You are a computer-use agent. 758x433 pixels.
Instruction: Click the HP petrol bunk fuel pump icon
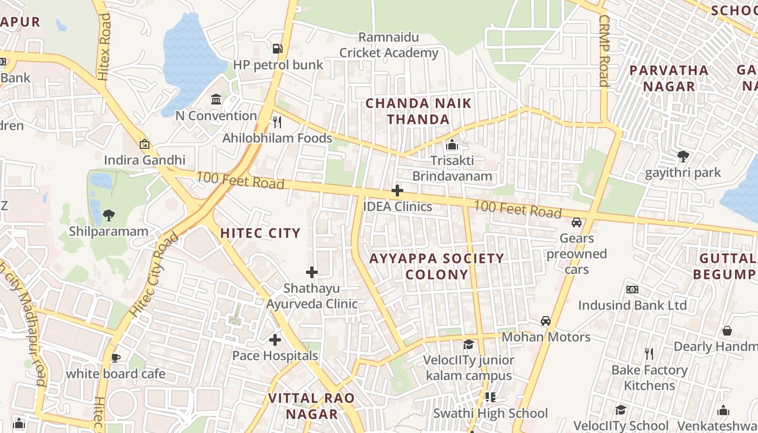277,49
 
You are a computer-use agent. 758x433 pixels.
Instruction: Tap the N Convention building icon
216,99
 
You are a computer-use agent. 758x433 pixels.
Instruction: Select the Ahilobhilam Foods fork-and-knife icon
277,122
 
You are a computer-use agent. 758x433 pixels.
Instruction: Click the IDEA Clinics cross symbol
397,191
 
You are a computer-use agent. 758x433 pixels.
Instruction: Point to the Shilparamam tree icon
108,215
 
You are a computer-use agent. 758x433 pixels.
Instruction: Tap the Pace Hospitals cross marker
275,340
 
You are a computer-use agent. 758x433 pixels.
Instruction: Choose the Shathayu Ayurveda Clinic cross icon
312,272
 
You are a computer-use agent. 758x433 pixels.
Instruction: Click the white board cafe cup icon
115,357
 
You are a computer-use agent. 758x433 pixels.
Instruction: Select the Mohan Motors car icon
546,321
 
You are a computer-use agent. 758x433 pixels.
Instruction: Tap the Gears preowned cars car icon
577,222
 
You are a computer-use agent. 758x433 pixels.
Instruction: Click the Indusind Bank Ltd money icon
632,290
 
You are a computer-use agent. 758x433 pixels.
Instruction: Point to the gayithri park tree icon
683,156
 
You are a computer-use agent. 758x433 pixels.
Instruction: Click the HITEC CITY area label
260,233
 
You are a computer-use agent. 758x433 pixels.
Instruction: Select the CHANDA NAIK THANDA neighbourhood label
419,111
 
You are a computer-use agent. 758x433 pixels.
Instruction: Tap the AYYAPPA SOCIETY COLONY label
436,266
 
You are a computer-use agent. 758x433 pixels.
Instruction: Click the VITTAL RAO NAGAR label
312,406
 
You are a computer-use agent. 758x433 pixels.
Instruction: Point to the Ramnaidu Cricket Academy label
389,45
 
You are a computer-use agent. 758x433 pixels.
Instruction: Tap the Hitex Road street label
103,48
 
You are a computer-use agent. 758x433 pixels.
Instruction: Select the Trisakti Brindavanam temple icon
452,145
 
